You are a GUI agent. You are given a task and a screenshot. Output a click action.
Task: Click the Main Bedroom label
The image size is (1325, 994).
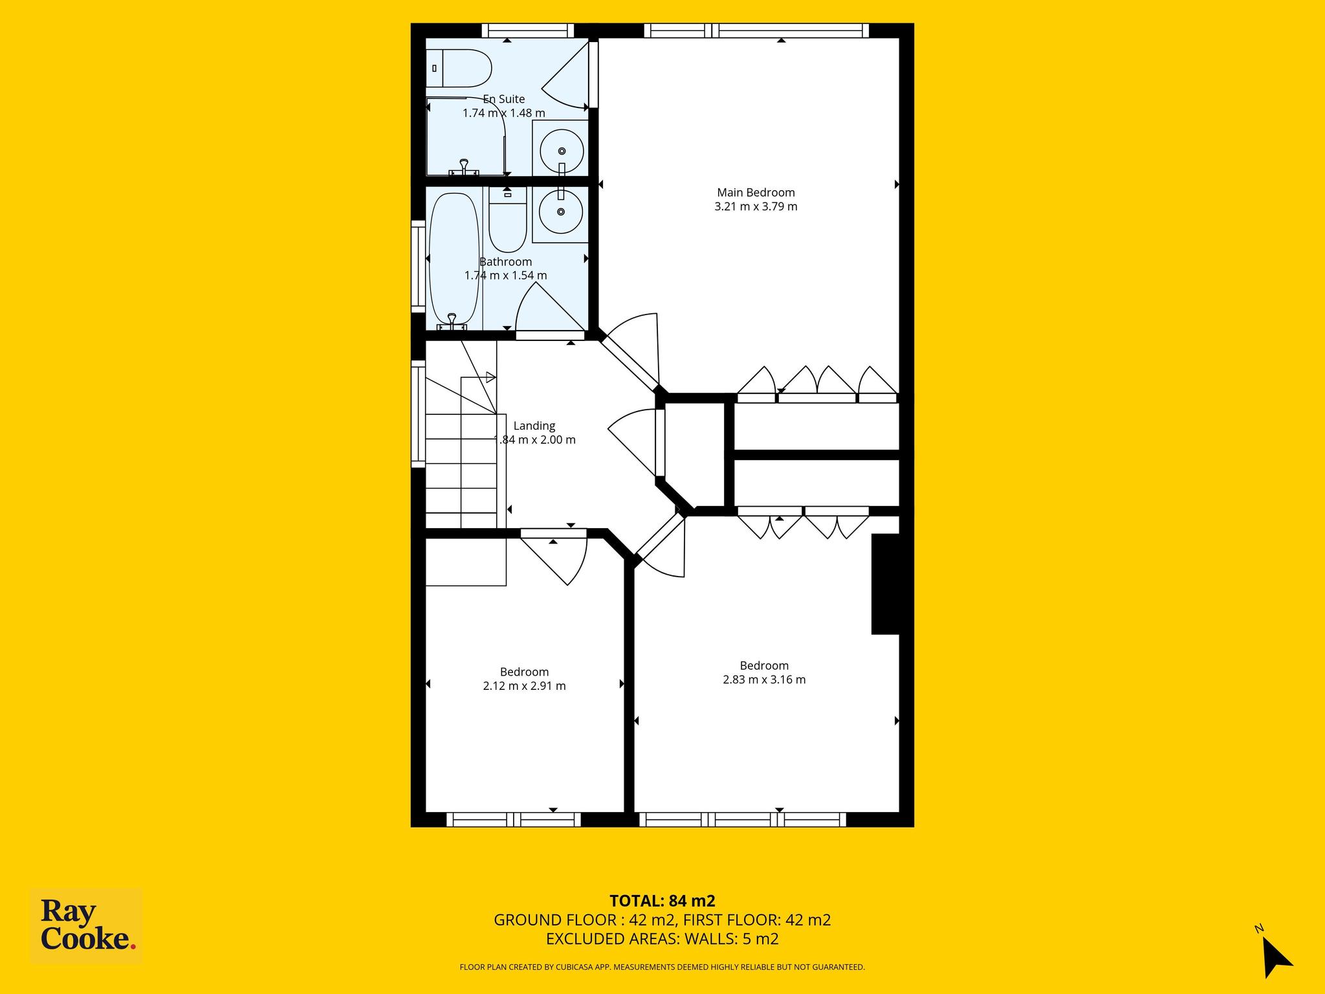(x=756, y=192)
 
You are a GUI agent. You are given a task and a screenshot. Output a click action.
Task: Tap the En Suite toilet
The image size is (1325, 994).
(x=459, y=69)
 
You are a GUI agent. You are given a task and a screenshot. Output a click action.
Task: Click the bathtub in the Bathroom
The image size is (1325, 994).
(x=454, y=261)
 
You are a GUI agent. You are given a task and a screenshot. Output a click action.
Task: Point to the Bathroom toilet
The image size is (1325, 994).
(x=507, y=219)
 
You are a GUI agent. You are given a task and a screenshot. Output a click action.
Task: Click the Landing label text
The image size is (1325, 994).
(x=534, y=426)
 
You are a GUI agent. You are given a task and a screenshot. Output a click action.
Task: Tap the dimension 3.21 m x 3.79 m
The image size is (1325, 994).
(x=756, y=206)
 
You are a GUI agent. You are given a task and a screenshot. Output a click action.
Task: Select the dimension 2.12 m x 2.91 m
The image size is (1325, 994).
(x=525, y=686)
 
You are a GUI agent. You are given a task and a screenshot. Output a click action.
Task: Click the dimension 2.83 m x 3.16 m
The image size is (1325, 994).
(x=764, y=679)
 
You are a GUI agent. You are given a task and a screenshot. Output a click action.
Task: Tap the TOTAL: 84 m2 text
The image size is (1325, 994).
(x=662, y=901)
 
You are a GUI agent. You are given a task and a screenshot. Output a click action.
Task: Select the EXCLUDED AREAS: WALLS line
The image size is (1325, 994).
(x=662, y=939)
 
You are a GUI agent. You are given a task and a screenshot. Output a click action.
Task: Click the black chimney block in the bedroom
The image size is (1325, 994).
(x=886, y=584)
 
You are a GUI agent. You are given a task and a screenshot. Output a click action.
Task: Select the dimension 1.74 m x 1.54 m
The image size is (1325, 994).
(x=506, y=276)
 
